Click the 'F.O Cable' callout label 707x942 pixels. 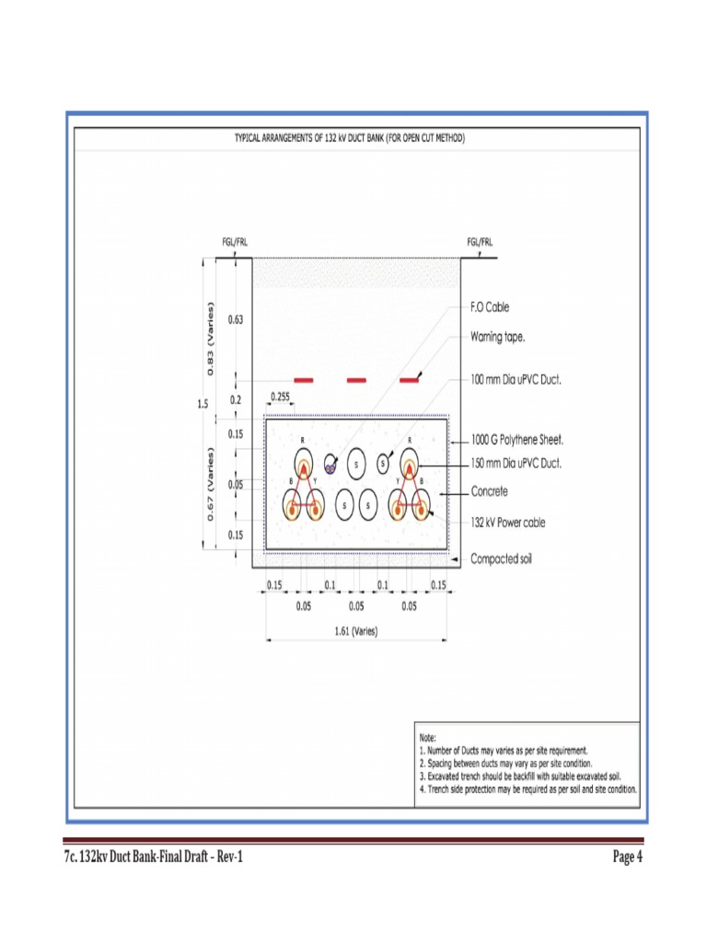point(490,307)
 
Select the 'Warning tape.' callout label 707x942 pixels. point(498,337)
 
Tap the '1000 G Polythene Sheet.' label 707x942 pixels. point(517,441)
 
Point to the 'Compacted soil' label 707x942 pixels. point(502,558)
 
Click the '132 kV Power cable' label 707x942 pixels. point(507,522)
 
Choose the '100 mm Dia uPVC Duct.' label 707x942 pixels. point(516,378)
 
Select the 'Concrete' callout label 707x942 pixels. point(489,492)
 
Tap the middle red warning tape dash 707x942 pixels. point(356,380)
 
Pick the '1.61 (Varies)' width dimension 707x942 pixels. point(355,631)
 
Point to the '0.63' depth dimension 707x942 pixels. point(236,320)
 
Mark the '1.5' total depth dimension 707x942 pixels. point(202,403)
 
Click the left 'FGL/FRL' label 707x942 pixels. point(235,242)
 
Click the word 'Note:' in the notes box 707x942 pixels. point(428,737)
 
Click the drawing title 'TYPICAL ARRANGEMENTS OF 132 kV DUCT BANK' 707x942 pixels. point(350,138)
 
